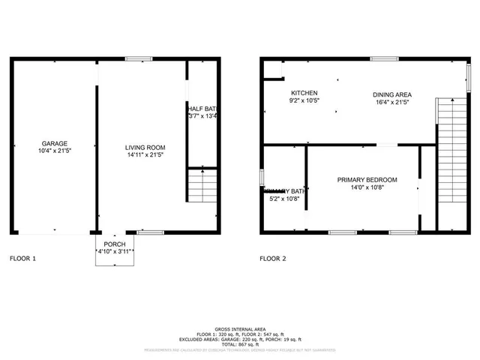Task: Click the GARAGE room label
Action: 55,143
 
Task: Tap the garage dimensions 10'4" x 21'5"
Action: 55,151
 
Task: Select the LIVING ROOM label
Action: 145,148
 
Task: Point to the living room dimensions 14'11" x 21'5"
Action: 145,155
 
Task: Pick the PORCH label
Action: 115,244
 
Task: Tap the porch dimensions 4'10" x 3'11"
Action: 115,252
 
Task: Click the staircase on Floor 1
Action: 200,184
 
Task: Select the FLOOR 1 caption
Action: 22,259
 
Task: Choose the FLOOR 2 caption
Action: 273,259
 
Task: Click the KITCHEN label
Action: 304,92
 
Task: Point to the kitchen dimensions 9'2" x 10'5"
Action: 304,100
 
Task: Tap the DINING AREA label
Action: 392,94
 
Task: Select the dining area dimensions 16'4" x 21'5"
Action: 392,102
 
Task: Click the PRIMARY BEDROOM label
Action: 367,180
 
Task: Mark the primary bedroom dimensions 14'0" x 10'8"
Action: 367,188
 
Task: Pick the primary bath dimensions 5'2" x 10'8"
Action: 284,199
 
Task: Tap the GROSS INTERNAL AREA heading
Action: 240,329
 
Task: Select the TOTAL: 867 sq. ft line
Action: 240,343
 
